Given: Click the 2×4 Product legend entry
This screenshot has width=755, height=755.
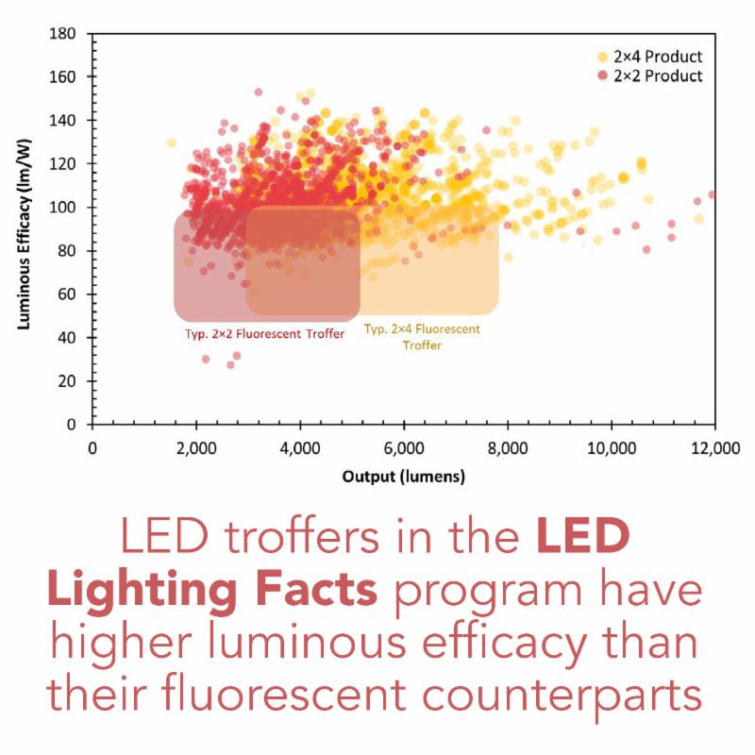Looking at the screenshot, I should pos(650,56).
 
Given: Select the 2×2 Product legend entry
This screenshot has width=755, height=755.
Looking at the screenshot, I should pos(650,75).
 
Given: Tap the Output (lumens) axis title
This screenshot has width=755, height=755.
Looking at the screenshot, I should pos(403,477).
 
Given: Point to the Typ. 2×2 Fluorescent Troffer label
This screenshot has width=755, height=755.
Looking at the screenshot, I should pos(264,333).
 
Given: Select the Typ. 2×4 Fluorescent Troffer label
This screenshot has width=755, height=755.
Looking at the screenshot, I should pos(422,337).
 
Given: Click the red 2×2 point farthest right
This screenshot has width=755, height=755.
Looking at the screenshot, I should pos(713,194).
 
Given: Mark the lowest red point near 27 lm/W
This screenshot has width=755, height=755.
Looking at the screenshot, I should pos(229,364).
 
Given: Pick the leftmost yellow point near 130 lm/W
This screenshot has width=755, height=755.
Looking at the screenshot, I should pos(172,143).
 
